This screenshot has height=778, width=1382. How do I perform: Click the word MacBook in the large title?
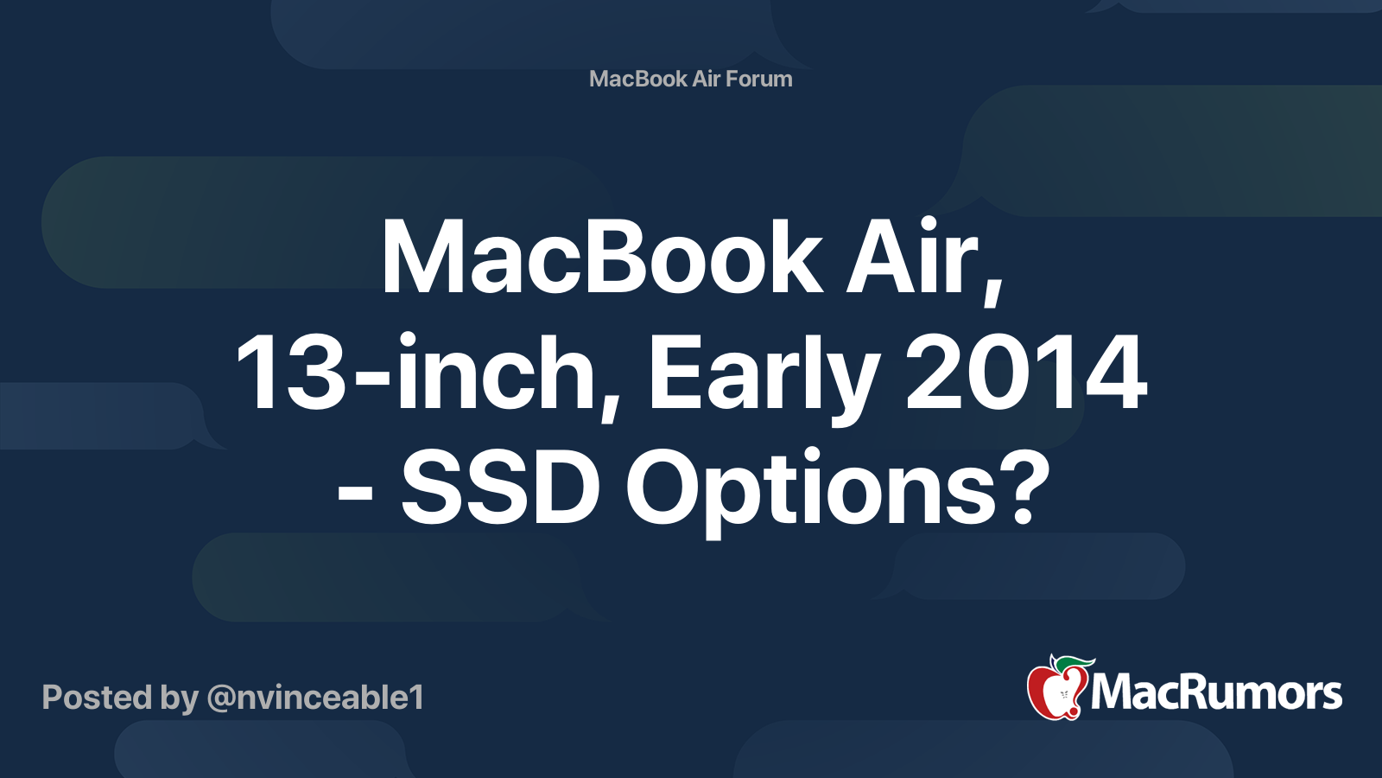tap(602, 256)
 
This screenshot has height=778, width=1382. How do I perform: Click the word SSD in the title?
tap(500, 488)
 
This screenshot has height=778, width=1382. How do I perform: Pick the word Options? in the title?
tap(838, 492)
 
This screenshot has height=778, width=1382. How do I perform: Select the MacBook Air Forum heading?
tap(690, 79)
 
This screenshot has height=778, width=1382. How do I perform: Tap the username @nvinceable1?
tap(316, 698)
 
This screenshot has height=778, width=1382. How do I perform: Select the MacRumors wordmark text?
tap(1216, 693)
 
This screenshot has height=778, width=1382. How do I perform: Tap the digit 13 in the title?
tap(290, 372)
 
